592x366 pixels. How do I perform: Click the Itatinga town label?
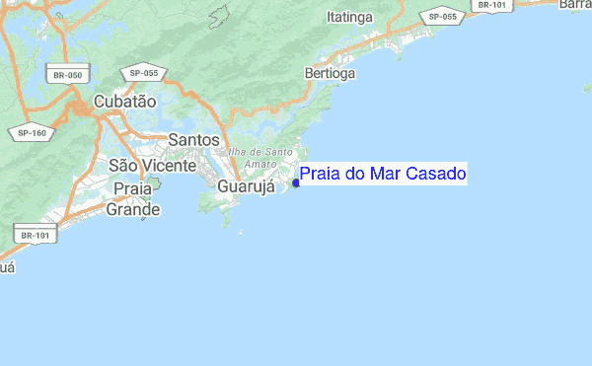click(350, 18)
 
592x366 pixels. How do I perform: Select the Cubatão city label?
click(125, 101)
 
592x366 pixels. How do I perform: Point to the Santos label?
click(193, 140)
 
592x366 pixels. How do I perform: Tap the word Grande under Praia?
click(133, 209)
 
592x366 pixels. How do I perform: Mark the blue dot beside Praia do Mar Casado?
click(296, 183)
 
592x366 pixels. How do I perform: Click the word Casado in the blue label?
click(436, 175)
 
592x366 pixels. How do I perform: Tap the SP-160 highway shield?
click(33, 132)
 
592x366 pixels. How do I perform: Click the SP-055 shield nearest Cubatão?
click(144, 74)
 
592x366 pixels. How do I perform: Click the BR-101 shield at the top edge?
click(492, 5)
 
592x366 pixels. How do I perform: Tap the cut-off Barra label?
click(575, 5)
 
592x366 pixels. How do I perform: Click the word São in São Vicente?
click(122, 164)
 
